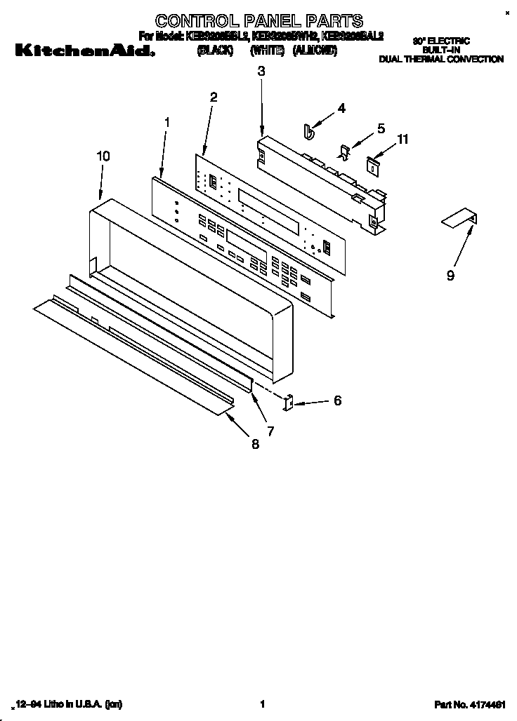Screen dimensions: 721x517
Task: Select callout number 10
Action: tap(103, 157)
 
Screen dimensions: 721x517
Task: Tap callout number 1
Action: tap(167, 122)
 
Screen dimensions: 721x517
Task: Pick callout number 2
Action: tap(214, 97)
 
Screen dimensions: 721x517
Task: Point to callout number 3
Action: tap(261, 71)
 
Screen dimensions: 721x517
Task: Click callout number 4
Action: tap(341, 108)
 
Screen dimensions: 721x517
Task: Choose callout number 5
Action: tap(381, 128)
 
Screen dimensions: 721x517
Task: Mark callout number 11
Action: tap(403, 140)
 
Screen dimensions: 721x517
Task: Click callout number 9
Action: tap(450, 276)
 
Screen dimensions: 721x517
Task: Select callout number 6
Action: tap(337, 401)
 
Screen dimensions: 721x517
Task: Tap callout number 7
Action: tap(270, 430)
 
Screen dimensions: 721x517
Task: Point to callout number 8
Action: tap(254, 444)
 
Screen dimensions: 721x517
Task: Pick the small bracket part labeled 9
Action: tap(460, 220)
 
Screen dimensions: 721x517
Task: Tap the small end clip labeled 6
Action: tap(287, 403)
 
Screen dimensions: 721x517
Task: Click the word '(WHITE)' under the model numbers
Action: tap(266, 50)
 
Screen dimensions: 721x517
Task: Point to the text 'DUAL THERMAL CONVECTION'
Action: tap(441, 60)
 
